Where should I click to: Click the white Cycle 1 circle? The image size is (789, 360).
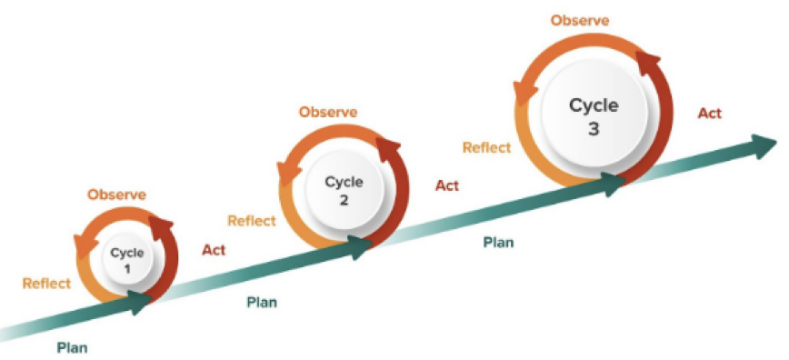pyautogui.click(x=127, y=260)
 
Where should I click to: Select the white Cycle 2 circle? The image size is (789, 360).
pyautogui.click(x=345, y=190)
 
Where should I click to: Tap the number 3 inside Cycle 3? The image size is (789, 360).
pyautogui.click(x=594, y=129)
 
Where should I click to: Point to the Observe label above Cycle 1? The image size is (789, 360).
pyautogui.click(x=116, y=195)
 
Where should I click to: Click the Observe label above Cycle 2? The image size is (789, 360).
pyautogui.click(x=328, y=112)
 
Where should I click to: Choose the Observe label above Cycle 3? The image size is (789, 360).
pyautogui.click(x=580, y=21)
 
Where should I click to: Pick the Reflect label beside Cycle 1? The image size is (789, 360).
pyautogui.click(x=46, y=284)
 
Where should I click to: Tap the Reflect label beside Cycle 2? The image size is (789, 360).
pyautogui.click(x=252, y=221)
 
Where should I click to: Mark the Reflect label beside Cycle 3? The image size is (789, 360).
pyautogui.click(x=486, y=147)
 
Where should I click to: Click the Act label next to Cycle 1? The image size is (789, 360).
pyautogui.click(x=214, y=250)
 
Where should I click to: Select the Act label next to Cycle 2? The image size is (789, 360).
pyautogui.click(x=447, y=185)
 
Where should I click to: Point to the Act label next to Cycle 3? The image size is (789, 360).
pyautogui.click(x=710, y=114)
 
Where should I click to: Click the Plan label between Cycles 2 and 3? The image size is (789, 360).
pyautogui.click(x=499, y=242)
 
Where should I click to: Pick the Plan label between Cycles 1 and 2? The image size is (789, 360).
pyautogui.click(x=262, y=303)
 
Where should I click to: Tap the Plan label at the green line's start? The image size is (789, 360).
pyautogui.click(x=72, y=347)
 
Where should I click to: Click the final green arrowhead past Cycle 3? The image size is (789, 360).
pyautogui.click(x=764, y=145)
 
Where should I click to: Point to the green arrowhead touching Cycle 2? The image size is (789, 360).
pyautogui.click(x=360, y=247)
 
